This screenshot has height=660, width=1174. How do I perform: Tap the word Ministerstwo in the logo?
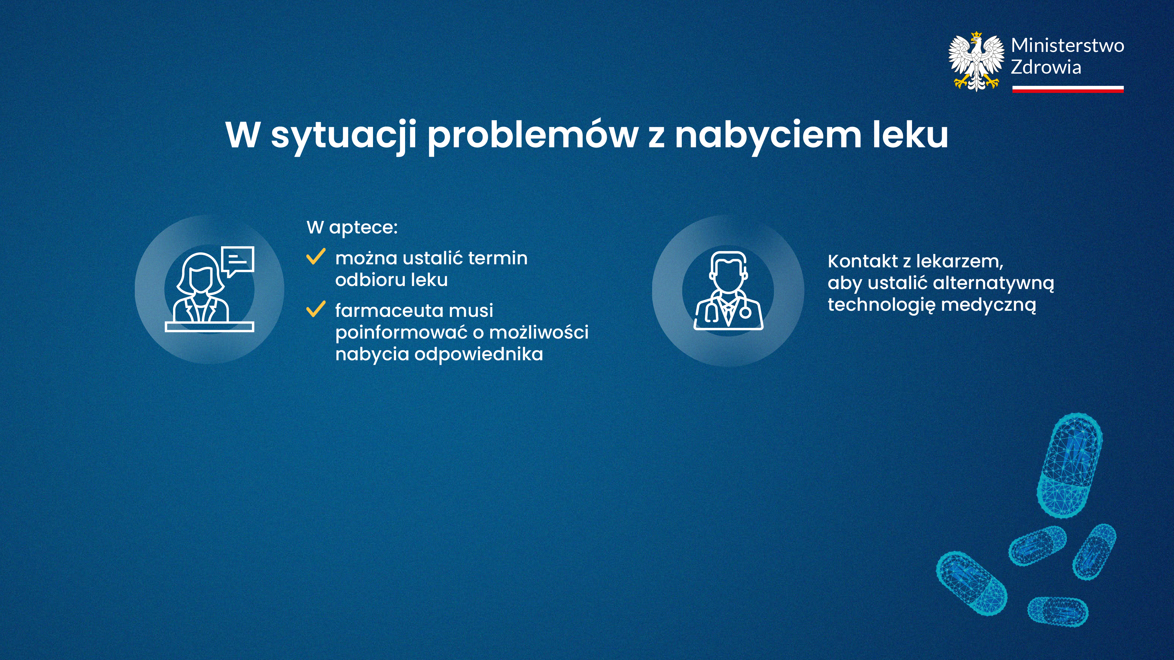1067,46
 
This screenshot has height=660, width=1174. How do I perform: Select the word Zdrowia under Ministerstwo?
1046,67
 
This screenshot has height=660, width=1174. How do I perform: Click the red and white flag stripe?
1068,89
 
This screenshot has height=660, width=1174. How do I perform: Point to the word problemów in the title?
532,135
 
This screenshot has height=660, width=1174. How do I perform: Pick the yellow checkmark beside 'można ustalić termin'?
316,256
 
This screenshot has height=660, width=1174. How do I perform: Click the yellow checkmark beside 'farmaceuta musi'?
316,309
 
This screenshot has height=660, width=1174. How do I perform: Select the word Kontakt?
862,262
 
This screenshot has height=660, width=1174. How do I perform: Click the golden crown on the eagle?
976,35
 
